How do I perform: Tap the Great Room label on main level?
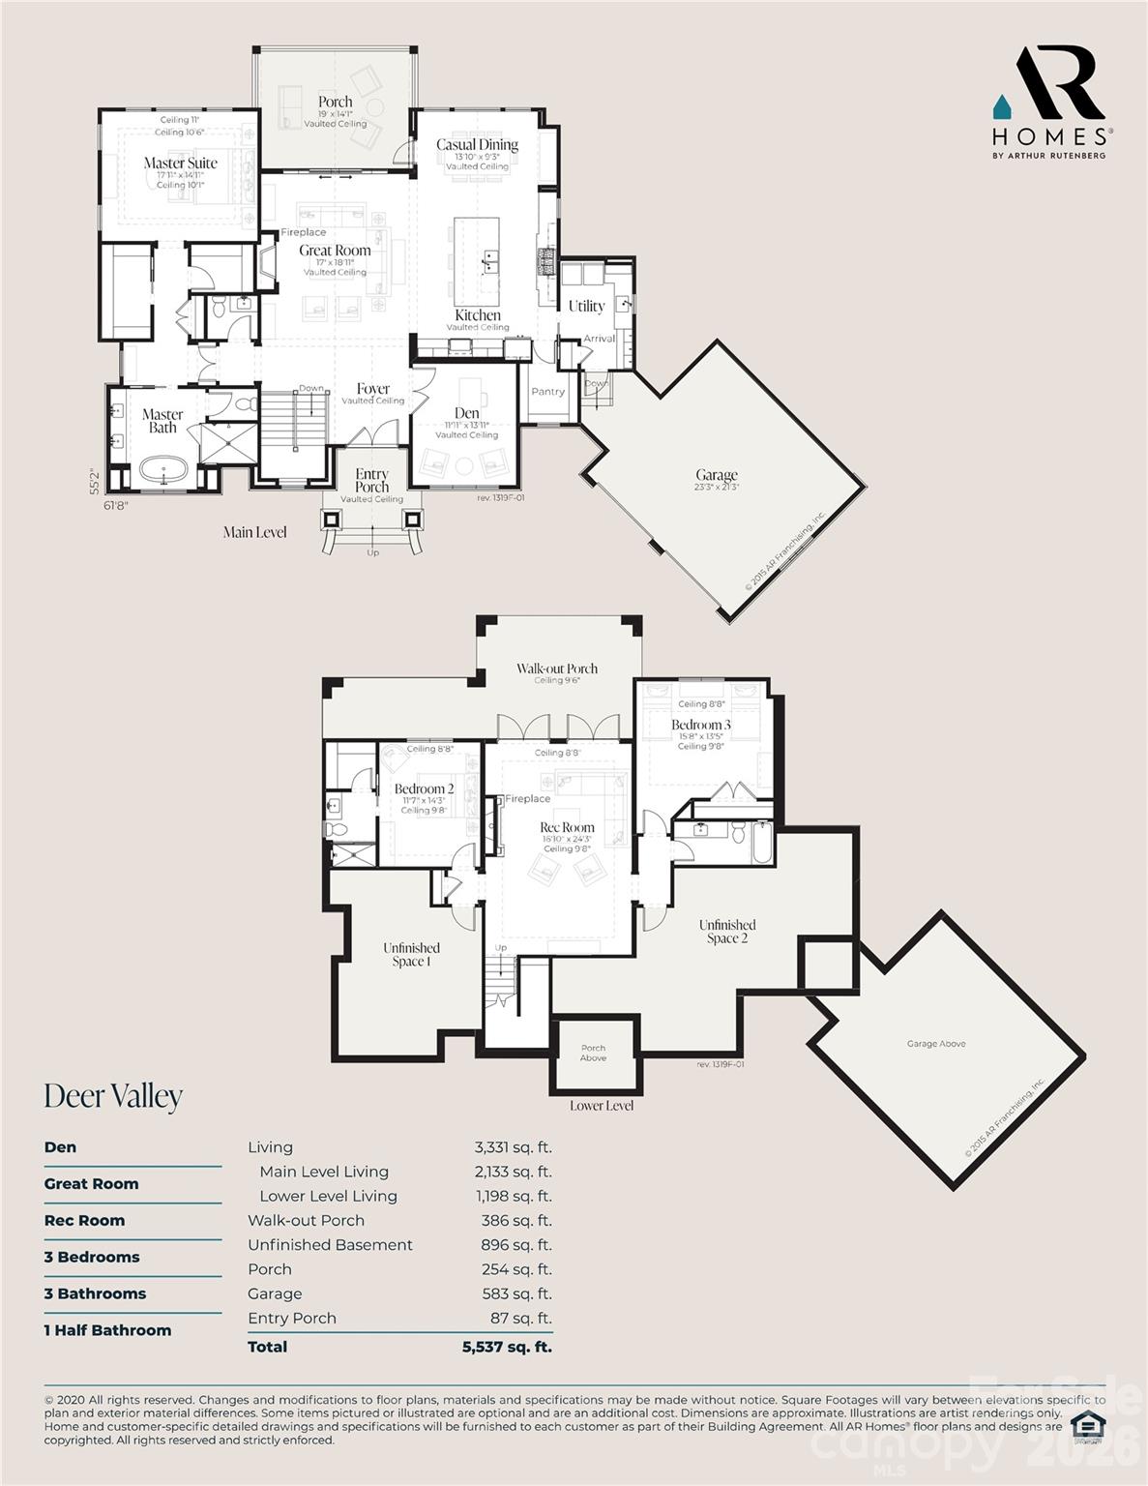pyautogui.click(x=335, y=251)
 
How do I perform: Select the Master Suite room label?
pyautogui.click(x=181, y=163)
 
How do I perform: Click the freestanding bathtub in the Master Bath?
pyautogui.click(x=162, y=472)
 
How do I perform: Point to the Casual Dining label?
pyautogui.click(x=477, y=145)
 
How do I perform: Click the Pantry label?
pyautogui.click(x=547, y=392)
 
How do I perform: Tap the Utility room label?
pyautogui.click(x=586, y=306)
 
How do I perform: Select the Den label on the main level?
pyautogui.click(x=467, y=413)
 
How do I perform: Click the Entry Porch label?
pyautogui.click(x=372, y=480)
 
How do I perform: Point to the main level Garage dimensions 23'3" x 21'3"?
pyautogui.click(x=716, y=488)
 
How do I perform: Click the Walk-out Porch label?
pyautogui.click(x=556, y=669)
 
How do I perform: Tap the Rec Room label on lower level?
pyautogui.click(x=567, y=827)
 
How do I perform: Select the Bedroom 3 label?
pyautogui.click(x=701, y=725)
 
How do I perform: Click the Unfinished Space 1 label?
pyautogui.click(x=411, y=954)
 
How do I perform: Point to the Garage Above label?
pyautogui.click(x=935, y=1044)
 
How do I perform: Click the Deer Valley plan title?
pyautogui.click(x=113, y=1096)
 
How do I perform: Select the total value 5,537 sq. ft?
pyautogui.click(x=507, y=1347)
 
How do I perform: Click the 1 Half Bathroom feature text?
pyautogui.click(x=107, y=1330)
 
